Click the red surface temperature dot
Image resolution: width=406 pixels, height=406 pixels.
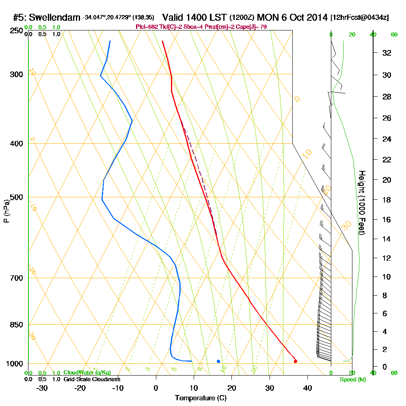tap(295, 361)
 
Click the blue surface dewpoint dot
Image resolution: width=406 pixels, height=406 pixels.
tap(218, 361)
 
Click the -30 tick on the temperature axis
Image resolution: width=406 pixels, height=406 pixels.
tap(42, 388)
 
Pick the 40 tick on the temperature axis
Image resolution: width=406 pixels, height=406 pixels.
tap(307, 388)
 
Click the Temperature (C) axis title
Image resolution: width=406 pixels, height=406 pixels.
tap(201, 398)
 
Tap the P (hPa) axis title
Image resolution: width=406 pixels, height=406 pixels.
tap(6, 211)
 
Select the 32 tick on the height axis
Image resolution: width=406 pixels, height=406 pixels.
tap(387, 53)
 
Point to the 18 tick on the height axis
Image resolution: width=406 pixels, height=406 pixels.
tap(387, 200)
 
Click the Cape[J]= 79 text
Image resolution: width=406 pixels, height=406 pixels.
tap(253, 27)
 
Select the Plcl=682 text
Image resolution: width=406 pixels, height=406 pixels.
tap(147, 27)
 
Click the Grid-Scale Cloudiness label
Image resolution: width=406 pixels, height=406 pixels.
tap(91, 379)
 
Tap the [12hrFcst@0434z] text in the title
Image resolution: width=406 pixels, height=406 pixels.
tap(360, 18)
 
